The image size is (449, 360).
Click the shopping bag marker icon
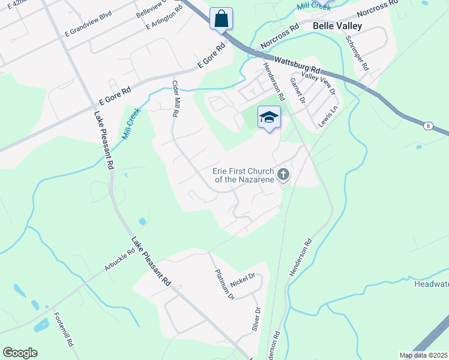[x=221, y=19]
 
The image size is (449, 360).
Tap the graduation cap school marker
[x=270, y=118]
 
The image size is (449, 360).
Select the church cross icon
[x=283, y=175]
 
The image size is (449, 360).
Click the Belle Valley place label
[x=337, y=26]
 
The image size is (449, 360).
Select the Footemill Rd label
[x=63, y=330]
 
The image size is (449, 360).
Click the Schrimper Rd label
[x=358, y=52]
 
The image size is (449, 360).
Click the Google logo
[x=20, y=353]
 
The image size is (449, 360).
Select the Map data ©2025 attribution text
[x=423, y=355]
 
